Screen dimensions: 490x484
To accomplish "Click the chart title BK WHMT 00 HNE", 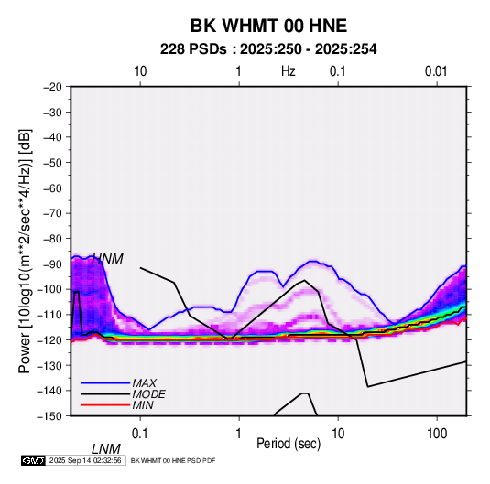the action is coord(268,26).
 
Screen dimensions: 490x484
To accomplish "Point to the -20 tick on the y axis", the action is coord(52,87).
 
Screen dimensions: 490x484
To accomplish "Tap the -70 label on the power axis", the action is coord(52,213).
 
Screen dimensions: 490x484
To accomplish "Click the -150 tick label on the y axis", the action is coord(49,416).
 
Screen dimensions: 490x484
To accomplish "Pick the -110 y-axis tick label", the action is coord(49,315).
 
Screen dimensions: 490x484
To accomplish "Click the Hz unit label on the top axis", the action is coord(289,71).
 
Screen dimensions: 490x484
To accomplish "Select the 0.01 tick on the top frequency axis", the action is coord(436,71).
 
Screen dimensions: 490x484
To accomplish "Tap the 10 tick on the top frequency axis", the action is coord(140,71).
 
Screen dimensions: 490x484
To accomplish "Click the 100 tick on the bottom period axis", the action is coord(437,434).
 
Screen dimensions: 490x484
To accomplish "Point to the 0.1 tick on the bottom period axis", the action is coord(140,434).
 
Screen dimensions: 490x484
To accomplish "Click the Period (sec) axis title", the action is coord(289,444).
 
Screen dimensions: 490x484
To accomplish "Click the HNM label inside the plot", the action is coord(107,259).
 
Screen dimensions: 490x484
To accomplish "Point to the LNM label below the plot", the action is coord(106,449).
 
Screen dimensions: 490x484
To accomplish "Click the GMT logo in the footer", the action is coord(34,460).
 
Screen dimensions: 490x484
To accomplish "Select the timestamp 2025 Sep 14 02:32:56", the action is coord(85,460).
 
